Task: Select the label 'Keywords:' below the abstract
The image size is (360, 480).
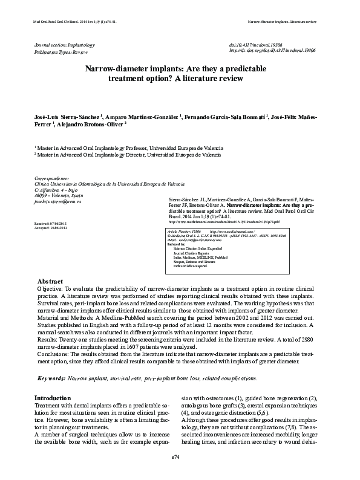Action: click(x=51, y=378)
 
